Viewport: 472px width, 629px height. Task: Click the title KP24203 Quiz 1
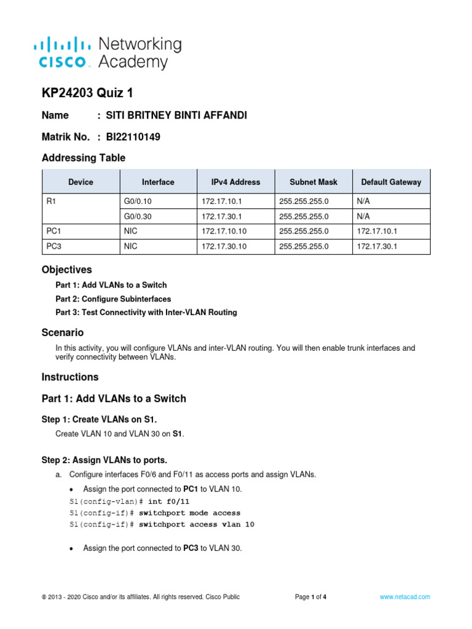(87, 93)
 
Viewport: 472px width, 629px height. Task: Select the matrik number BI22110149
(133, 137)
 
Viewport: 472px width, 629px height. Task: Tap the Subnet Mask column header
(313, 182)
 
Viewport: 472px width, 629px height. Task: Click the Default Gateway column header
(391, 182)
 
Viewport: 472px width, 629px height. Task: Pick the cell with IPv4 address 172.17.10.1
(221, 201)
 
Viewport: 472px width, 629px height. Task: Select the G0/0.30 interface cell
(140, 216)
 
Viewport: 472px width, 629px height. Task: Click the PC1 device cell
(53, 232)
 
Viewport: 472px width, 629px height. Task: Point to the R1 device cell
(52, 201)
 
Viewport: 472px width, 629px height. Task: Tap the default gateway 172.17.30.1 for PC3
(377, 246)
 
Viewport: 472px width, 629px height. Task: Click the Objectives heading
(67, 270)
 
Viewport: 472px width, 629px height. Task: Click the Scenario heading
(63, 332)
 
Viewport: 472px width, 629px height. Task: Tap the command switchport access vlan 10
(197, 525)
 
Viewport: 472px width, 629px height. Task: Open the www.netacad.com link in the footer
(404, 596)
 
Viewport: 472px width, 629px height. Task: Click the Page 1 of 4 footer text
(311, 596)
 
